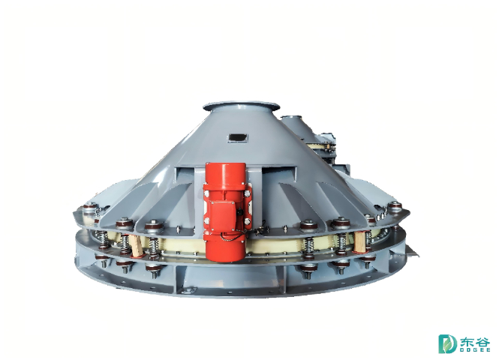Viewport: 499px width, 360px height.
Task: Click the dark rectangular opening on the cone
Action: pos(238,138)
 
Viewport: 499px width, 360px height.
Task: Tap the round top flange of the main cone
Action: pos(241,106)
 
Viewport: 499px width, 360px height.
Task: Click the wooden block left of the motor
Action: pos(137,245)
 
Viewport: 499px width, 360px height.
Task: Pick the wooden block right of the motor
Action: pos(359,242)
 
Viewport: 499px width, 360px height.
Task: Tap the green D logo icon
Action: pos(446,343)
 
